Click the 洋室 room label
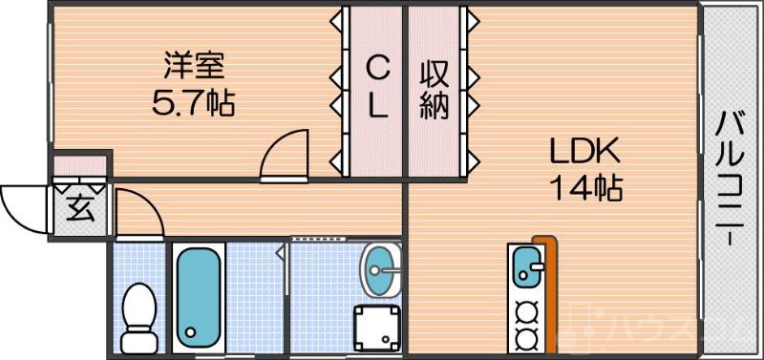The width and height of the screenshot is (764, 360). [194, 66]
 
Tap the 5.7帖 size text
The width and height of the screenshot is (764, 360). [194, 100]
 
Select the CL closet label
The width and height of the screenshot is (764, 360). [378, 86]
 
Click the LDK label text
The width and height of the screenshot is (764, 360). [584, 152]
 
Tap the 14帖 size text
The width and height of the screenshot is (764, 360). [584, 187]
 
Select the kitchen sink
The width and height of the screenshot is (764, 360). [526, 266]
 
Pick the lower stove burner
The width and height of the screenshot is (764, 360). [524, 337]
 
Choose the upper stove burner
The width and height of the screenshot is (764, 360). [524, 311]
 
